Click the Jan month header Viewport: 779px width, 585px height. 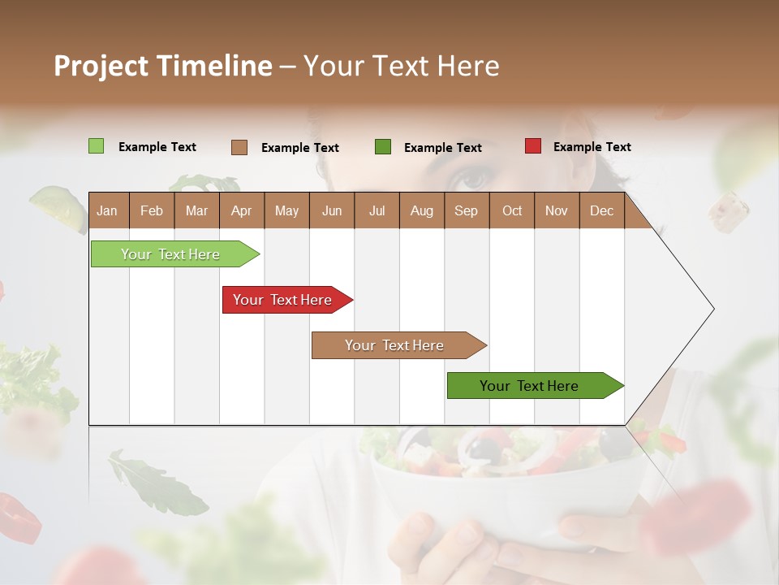(107, 210)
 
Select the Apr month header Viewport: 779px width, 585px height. (241, 210)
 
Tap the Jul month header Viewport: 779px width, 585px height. (377, 210)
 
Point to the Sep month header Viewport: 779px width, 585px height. (466, 210)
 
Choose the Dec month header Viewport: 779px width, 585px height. (601, 210)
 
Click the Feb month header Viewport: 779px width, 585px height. (152, 210)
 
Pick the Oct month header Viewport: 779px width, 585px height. (511, 210)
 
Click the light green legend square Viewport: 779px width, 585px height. (97, 146)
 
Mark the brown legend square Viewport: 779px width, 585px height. (239, 147)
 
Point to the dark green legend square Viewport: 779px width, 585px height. (383, 147)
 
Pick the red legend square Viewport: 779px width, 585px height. (533, 146)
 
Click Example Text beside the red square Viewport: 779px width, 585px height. (592, 147)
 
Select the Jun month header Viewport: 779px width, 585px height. (331, 210)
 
